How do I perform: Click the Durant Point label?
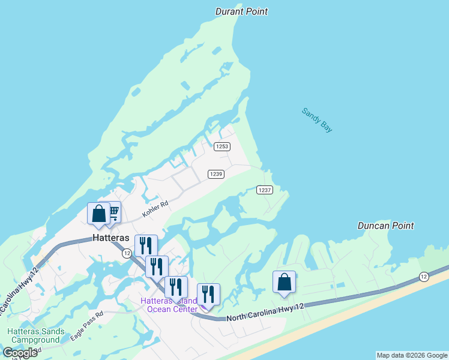[x=241, y=11]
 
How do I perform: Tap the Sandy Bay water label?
[x=317, y=120]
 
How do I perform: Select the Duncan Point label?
[x=385, y=226]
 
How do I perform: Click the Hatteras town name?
[x=112, y=238]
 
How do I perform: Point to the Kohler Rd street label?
[x=155, y=208]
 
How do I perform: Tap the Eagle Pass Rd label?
[x=86, y=325]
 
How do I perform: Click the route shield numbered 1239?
[x=216, y=174]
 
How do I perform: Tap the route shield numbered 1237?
[x=265, y=190]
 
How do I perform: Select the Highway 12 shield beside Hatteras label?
[x=127, y=254]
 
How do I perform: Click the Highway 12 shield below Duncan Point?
[x=424, y=276]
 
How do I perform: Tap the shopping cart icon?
[x=112, y=211]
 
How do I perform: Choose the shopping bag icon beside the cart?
[x=98, y=213]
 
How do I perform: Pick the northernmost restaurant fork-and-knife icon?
[x=146, y=245]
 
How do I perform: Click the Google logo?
[x=20, y=352]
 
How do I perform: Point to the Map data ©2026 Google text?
[x=412, y=355]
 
